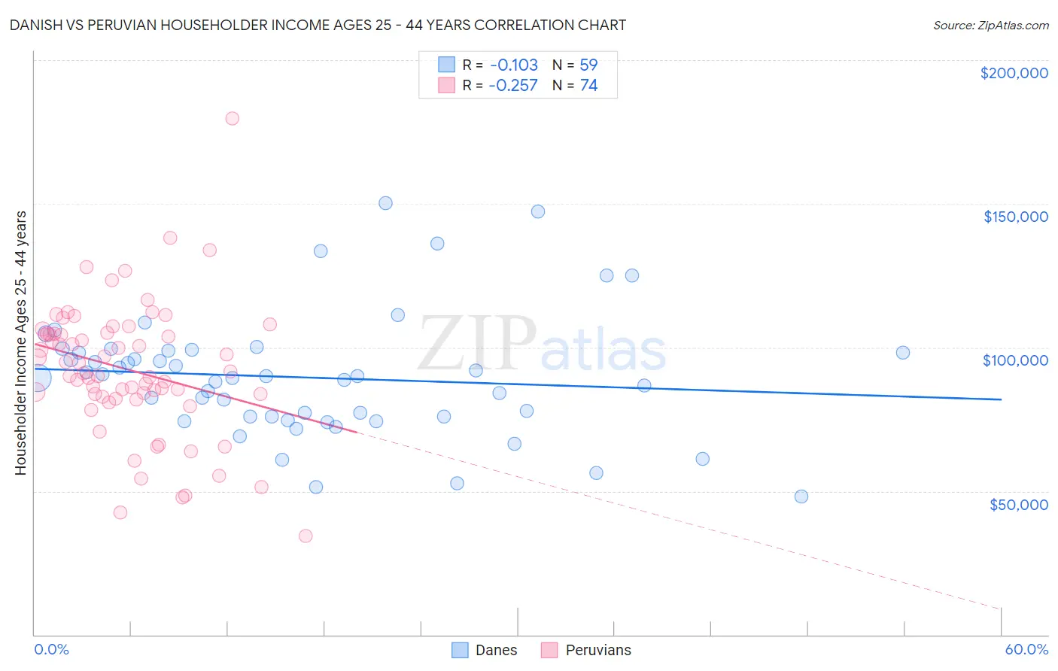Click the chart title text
[318, 25]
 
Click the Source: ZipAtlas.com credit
[990, 26]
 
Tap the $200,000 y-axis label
[1014, 73]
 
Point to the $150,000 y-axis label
[1015, 217]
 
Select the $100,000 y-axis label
[1015, 360]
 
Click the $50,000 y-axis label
[1018, 504]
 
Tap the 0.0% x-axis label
[51, 649]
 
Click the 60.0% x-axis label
[1026, 649]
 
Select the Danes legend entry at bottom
[485, 650]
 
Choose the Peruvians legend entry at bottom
[587, 650]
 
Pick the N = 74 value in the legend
[575, 86]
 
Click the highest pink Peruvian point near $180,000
[232, 118]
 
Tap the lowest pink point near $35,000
[306, 536]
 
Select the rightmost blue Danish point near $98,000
[903, 352]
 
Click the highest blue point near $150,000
[385, 203]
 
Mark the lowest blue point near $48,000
[801, 496]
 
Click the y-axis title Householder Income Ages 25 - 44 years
[20, 343]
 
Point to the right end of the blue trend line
[1001, 399]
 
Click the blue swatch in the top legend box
[447, 65]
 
